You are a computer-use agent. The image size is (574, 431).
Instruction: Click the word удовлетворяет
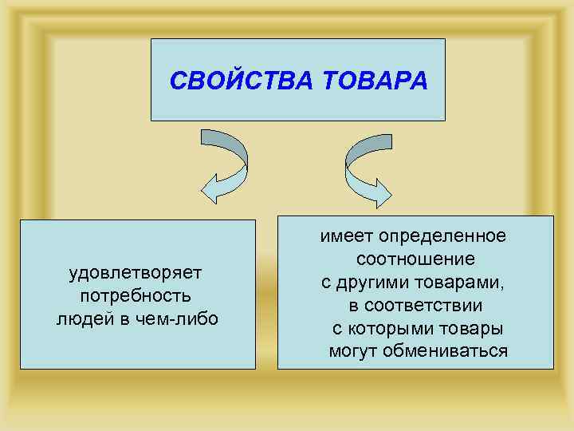136,273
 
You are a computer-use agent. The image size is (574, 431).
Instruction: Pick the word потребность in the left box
136,296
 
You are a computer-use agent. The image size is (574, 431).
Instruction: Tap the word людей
82,318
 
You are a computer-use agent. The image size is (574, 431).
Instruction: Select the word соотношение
415,259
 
